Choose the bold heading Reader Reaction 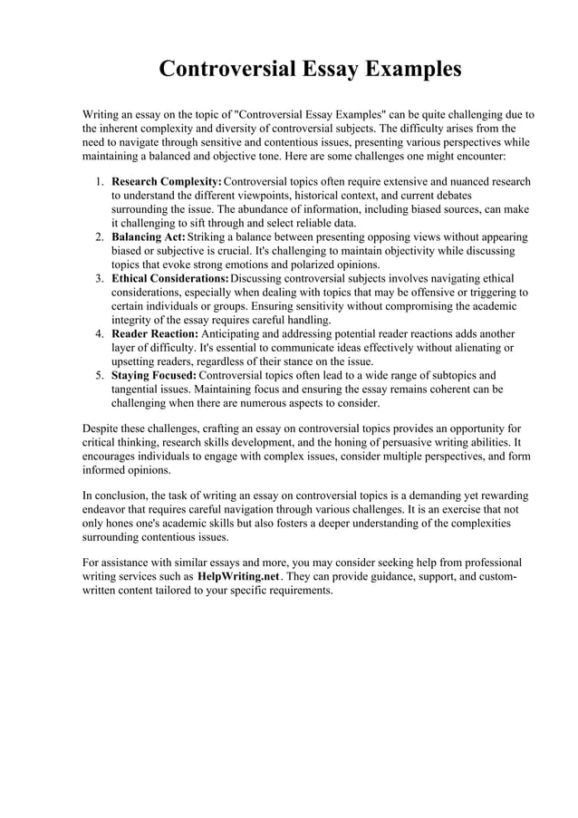(154, 334)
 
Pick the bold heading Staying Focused (153, 375)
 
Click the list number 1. (100, 182)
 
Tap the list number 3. (100, 278)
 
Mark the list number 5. (100, 375)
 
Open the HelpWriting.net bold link (237, 576)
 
